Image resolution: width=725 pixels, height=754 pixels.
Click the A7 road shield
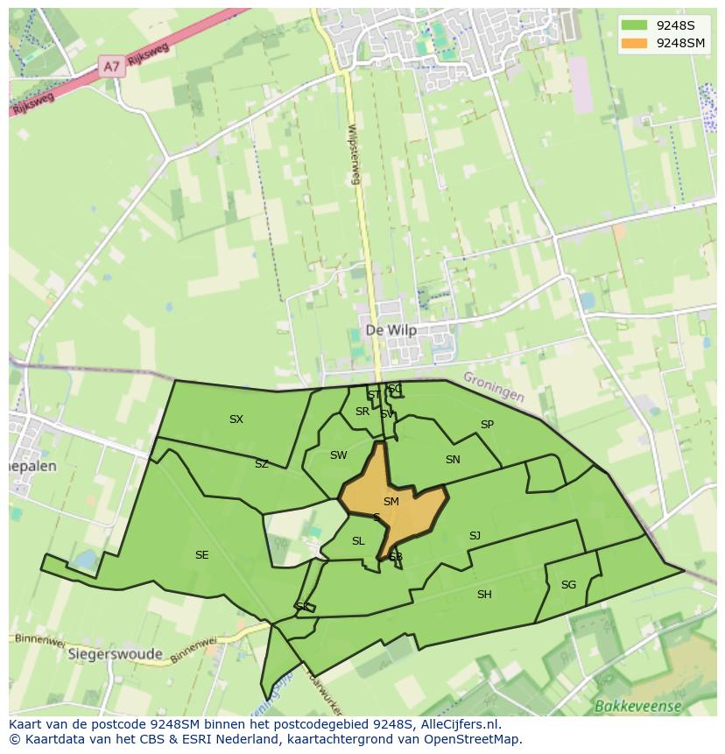pos(111,67)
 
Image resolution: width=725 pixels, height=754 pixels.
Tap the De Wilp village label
pos(391,330)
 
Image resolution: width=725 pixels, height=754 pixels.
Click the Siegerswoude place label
pos(115,654)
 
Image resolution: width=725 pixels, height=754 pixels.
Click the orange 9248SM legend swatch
pos(635,43)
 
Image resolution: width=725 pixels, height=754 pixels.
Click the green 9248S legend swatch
pos(635,25)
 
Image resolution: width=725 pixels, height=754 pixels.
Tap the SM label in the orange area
pos(391,502)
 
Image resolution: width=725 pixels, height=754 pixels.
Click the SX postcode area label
pos(236,419)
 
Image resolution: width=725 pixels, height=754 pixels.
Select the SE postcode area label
pos(202,555)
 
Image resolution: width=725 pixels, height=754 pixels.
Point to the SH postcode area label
pos(484,595)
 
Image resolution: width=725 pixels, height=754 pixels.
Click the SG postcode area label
pos(568,585)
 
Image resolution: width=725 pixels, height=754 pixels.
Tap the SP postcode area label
pos(487,425)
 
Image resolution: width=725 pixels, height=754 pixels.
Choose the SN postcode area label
pos(453,460)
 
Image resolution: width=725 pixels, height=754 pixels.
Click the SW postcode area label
pos(338,455)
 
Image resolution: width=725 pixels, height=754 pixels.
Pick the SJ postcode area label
pos(475,536)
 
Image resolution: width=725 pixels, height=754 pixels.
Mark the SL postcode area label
pos(358,541)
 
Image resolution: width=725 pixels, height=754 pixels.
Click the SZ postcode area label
pos(262,464)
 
